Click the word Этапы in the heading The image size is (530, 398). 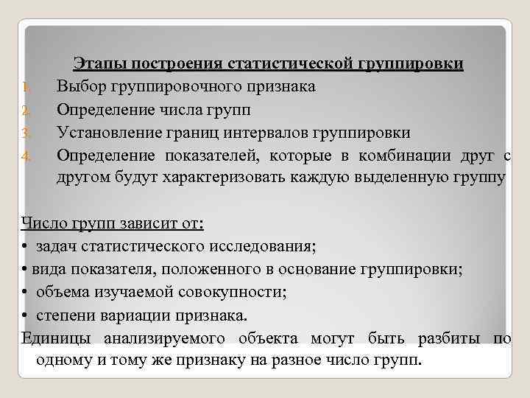tap(95, 64)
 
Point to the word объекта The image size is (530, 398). tap(269, 338)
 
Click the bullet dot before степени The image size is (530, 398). tap(25, 315)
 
